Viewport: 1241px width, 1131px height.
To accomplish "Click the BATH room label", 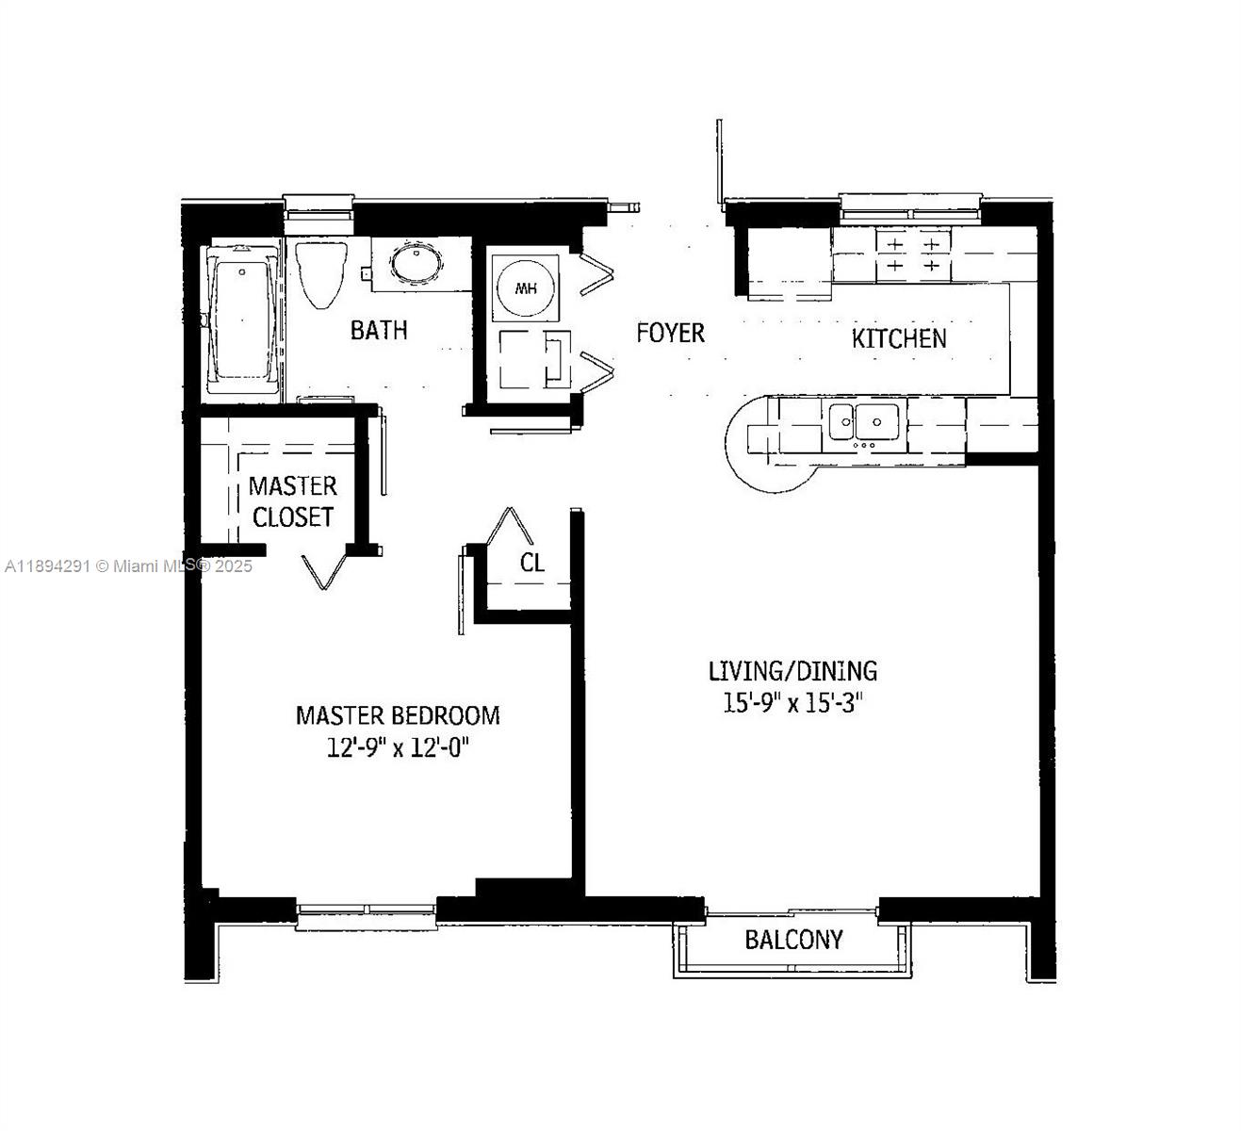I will (x=379, y=330).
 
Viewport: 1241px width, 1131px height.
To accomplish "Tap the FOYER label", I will (x=670, y=333).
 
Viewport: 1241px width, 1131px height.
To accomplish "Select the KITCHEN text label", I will (x=899, y=338).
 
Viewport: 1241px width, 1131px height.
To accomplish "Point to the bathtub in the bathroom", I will (x=243, y=320).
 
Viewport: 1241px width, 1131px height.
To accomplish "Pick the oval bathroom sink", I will (x=415, y=263).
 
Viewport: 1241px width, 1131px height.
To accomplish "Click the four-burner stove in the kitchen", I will (x=911, y=254).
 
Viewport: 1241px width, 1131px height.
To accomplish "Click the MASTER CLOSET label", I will (x=292, y=501).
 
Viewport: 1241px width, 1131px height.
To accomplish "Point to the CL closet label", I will (x=532, y=563).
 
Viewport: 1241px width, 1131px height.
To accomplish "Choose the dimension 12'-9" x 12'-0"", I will (x=398, y=748).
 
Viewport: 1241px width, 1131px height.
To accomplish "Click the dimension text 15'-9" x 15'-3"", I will (x=792, y=703).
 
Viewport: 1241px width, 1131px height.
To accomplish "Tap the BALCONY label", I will (x=793, y=940).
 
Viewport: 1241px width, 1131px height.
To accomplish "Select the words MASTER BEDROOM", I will (x=398, y=715).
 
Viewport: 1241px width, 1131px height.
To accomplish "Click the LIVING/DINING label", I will (x=792, y=671).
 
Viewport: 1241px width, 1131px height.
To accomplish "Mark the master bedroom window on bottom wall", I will (x=367, y=910).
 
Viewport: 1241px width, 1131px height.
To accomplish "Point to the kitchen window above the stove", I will (x=910, y=206).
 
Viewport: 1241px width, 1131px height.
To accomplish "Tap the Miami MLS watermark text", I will (x=128, y=566).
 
